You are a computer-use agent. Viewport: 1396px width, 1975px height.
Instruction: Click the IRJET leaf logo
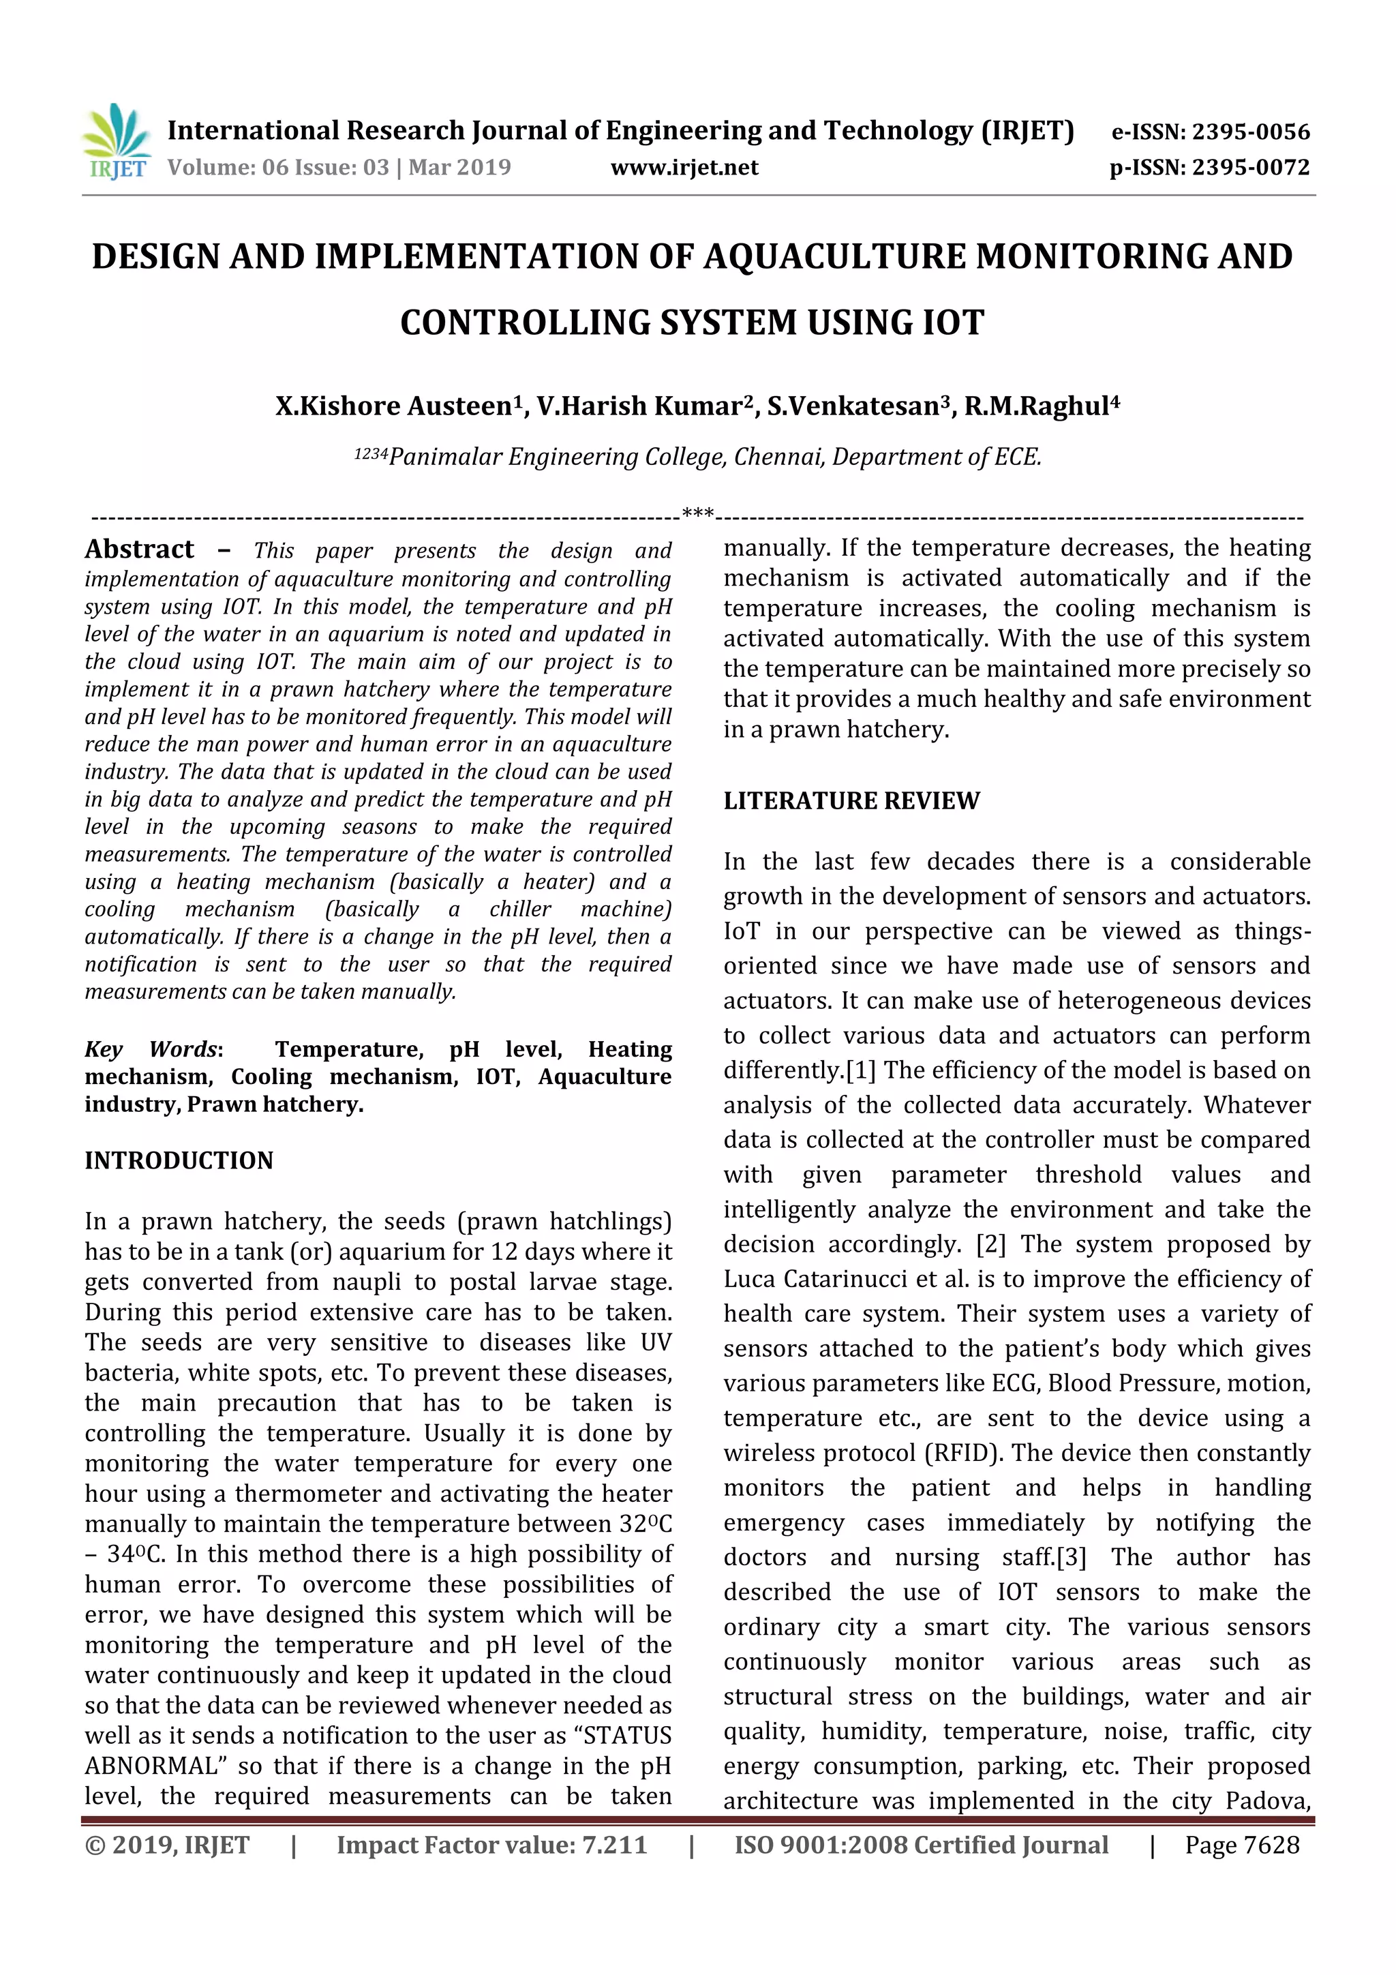tap(115, 141)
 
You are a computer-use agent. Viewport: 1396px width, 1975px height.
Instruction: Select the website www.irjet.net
tap(684, 168)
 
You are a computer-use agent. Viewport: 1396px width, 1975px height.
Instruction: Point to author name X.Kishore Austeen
tap(395, 406)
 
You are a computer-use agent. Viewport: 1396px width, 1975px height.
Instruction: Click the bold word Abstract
tap(139, 549)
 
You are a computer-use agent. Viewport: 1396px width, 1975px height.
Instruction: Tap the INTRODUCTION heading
tap(179, 1160)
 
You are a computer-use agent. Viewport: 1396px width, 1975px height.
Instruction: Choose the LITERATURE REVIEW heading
tap(851, 801)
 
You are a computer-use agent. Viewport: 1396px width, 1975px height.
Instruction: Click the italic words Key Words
tap(151, 1049)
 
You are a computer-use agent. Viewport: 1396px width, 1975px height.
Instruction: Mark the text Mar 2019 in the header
tap(459, 168)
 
